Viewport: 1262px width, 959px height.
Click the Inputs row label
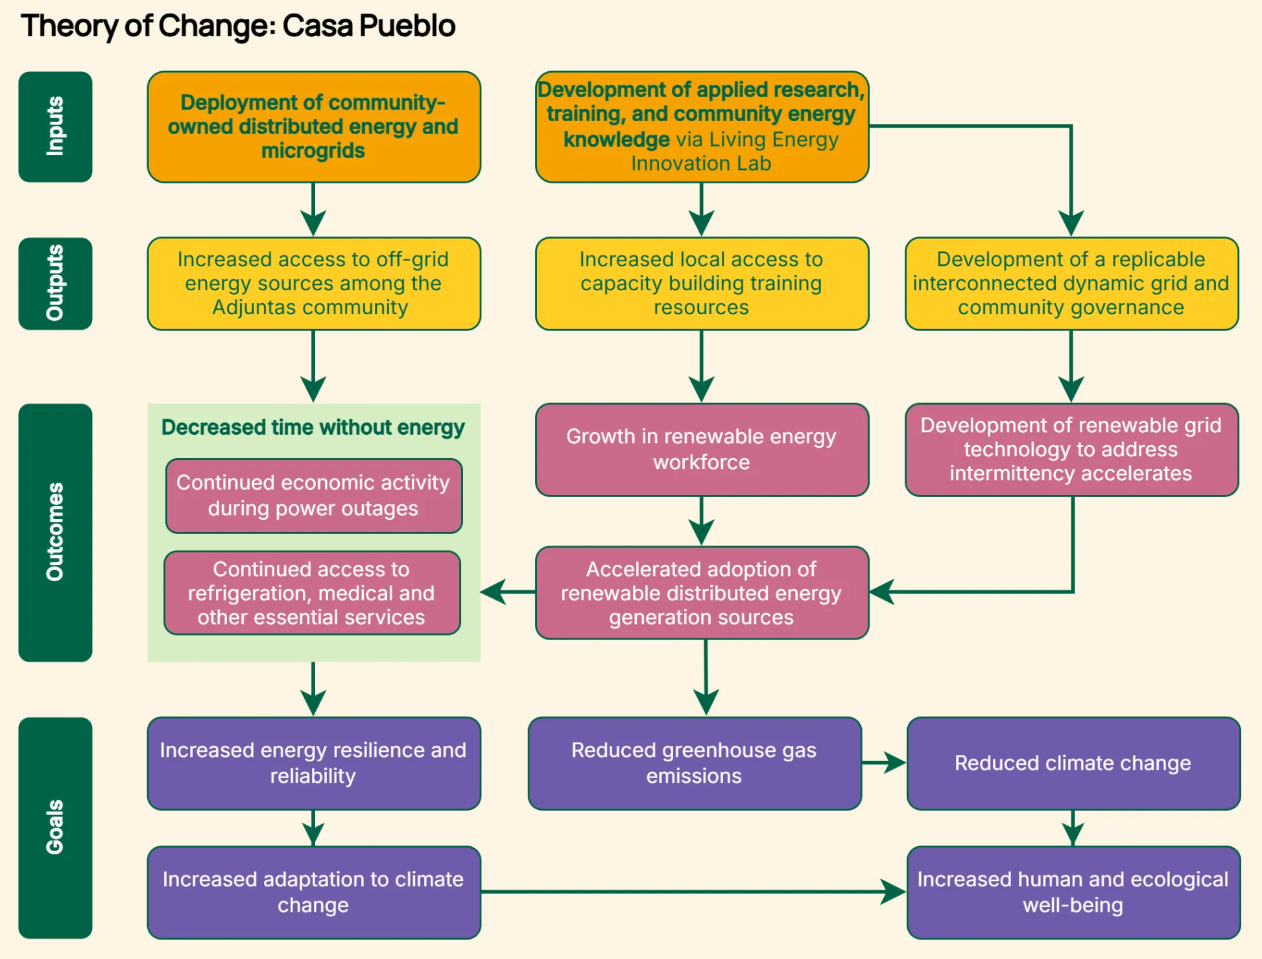pos(55,126)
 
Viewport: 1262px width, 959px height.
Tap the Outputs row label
pos(55,283)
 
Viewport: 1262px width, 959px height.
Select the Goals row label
pos(55,827)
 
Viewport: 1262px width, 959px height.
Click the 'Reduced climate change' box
pos(1073,763)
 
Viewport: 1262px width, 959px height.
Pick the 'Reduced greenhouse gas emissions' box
pos(695,763)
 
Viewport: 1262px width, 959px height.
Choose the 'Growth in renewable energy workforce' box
pos(702,450)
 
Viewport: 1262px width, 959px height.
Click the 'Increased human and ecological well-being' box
pos(1073,892)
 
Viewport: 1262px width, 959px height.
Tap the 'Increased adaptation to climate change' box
pos(314,892)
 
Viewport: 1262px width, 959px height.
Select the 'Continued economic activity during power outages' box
pos(314,496)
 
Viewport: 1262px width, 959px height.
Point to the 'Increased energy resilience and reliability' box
pos(314,763)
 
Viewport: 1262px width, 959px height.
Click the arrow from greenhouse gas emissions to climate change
pos(884,763)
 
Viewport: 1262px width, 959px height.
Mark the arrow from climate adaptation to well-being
pos(693,892)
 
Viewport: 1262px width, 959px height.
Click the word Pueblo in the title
pos(407,26)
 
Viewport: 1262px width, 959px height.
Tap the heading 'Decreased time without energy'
pos(313,428)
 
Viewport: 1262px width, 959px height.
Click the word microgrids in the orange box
pos(313,151)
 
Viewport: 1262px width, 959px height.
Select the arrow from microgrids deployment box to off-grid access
pos(313,209)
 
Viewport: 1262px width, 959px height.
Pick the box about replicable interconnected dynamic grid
pos(1071,284)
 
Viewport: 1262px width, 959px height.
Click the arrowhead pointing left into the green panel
pos(494,592)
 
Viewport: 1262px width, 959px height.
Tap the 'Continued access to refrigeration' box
pos(313,593)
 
